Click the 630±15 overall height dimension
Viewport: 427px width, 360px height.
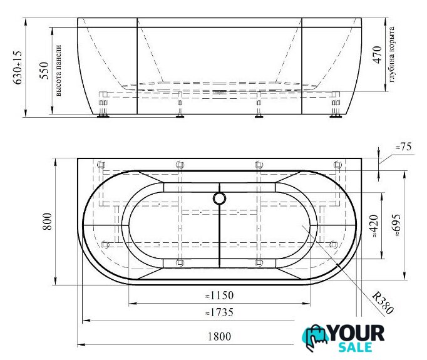pos(18,68)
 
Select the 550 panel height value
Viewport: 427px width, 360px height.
pos(44,71)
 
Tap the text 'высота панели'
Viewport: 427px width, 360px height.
pos(58,71)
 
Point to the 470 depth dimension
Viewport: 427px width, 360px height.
pos(378,55)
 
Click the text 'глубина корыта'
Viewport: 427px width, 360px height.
pos(391,54)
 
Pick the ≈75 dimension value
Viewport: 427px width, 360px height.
pos(403,147)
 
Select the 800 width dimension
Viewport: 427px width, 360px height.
pos(47,222)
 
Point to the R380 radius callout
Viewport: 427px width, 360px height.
pos(383,302)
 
